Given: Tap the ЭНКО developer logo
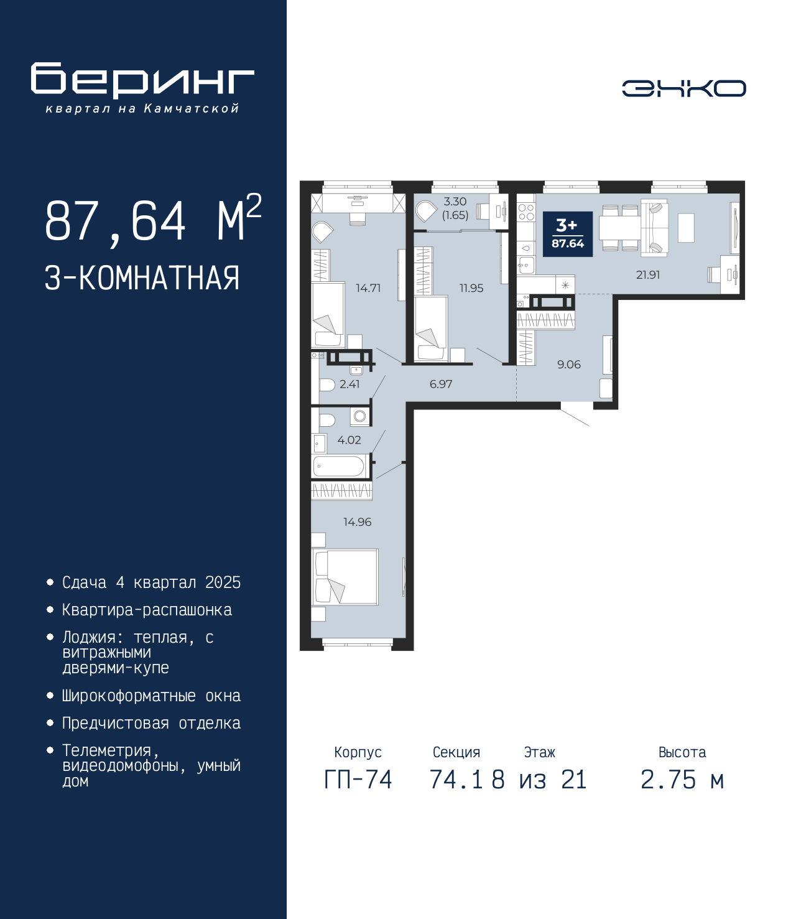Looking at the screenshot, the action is [x=683, y=88].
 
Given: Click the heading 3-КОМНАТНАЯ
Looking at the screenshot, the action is [x=142, y=278].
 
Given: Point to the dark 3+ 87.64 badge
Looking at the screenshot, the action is [x=568, y=234].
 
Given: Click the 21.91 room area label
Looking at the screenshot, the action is [x=647, y=275].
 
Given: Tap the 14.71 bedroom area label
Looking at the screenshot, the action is [x=368, y=288].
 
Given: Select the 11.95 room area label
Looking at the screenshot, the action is [x=471, y=288].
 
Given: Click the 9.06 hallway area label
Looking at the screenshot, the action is [x=569, y=365].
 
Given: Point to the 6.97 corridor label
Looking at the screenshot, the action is [x=441, y=384].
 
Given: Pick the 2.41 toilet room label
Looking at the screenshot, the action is [x=349, y=384].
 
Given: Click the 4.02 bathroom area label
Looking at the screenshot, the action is [x=349, y=440].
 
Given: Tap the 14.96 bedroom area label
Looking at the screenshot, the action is [x=358, y=522].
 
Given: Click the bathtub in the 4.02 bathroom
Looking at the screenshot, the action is [x=339, y=467].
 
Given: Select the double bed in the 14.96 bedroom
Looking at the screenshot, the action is [x=345, y=577].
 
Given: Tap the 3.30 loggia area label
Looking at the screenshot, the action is [x=455, y=202].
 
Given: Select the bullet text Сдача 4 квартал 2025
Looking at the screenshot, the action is [x=151, y=582].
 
